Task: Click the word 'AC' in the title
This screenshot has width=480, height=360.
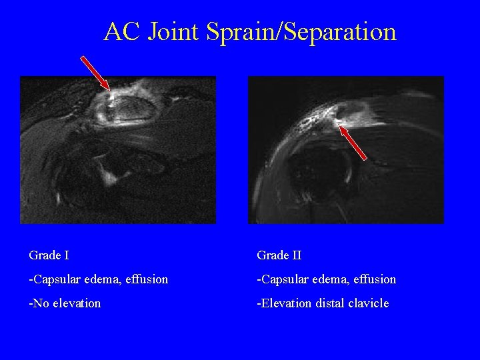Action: point(123,31)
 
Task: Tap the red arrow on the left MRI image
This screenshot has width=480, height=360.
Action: point(95,73)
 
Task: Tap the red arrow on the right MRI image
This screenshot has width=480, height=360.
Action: point(353,141)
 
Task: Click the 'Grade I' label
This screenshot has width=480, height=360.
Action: point(49,255)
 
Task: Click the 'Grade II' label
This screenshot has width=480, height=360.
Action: point(279,255)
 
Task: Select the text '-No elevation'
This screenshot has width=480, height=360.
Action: point(65,303)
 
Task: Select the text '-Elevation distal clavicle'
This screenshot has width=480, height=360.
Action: point(323,303)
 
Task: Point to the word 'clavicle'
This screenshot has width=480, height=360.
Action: point(367,303)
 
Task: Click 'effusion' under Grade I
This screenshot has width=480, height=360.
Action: point(145,279)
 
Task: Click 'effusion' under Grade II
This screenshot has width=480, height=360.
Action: point(373,279)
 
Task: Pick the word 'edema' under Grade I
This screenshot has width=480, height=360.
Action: point(101,279)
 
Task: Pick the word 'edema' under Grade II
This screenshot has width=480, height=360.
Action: point(329,279)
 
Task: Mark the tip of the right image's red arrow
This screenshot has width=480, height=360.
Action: point(339,125)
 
